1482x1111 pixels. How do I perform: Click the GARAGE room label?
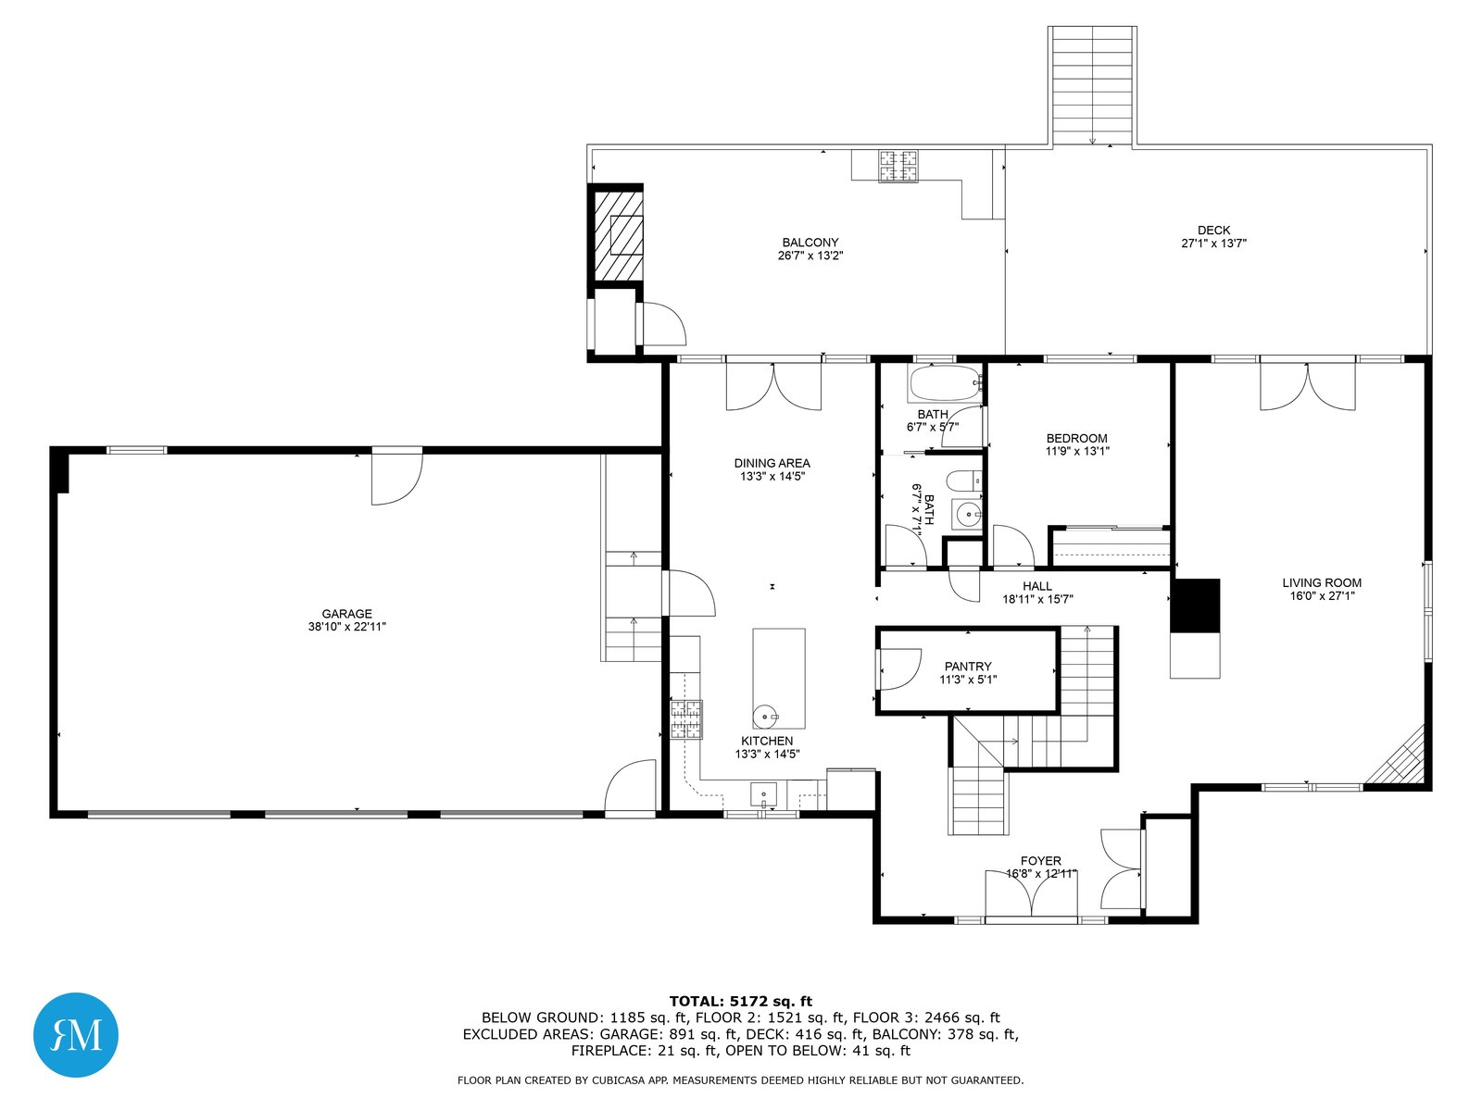click(x=346, y=613)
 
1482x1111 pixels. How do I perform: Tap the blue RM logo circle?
click(x=76, y=1034)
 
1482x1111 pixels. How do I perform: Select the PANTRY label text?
click(x=968, y=666)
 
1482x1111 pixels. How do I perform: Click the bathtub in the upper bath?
click(x=945, y=384)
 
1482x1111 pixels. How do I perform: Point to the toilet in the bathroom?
click(x=963, y=481)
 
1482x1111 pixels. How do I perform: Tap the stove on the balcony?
click(x=898, y=166)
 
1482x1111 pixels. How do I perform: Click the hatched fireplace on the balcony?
click(x=618, y=235)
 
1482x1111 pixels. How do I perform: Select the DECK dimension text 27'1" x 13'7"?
click(x=1213, y=243)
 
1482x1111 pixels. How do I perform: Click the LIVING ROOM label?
click(x=1322, y=583)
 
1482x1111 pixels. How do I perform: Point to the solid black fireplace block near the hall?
click(x=1194, y=605)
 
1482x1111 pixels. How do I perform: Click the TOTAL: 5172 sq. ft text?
click(x=741, y=1001)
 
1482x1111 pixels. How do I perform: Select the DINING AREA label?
click(x=772, y=463)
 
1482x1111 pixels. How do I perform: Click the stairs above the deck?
click(x=1092, y=85)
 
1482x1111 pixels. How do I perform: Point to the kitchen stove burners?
click(x=686, y=719)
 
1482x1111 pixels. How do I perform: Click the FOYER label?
click(x=1040, y=861)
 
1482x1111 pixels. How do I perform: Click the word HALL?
click(x=1037, y=585)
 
